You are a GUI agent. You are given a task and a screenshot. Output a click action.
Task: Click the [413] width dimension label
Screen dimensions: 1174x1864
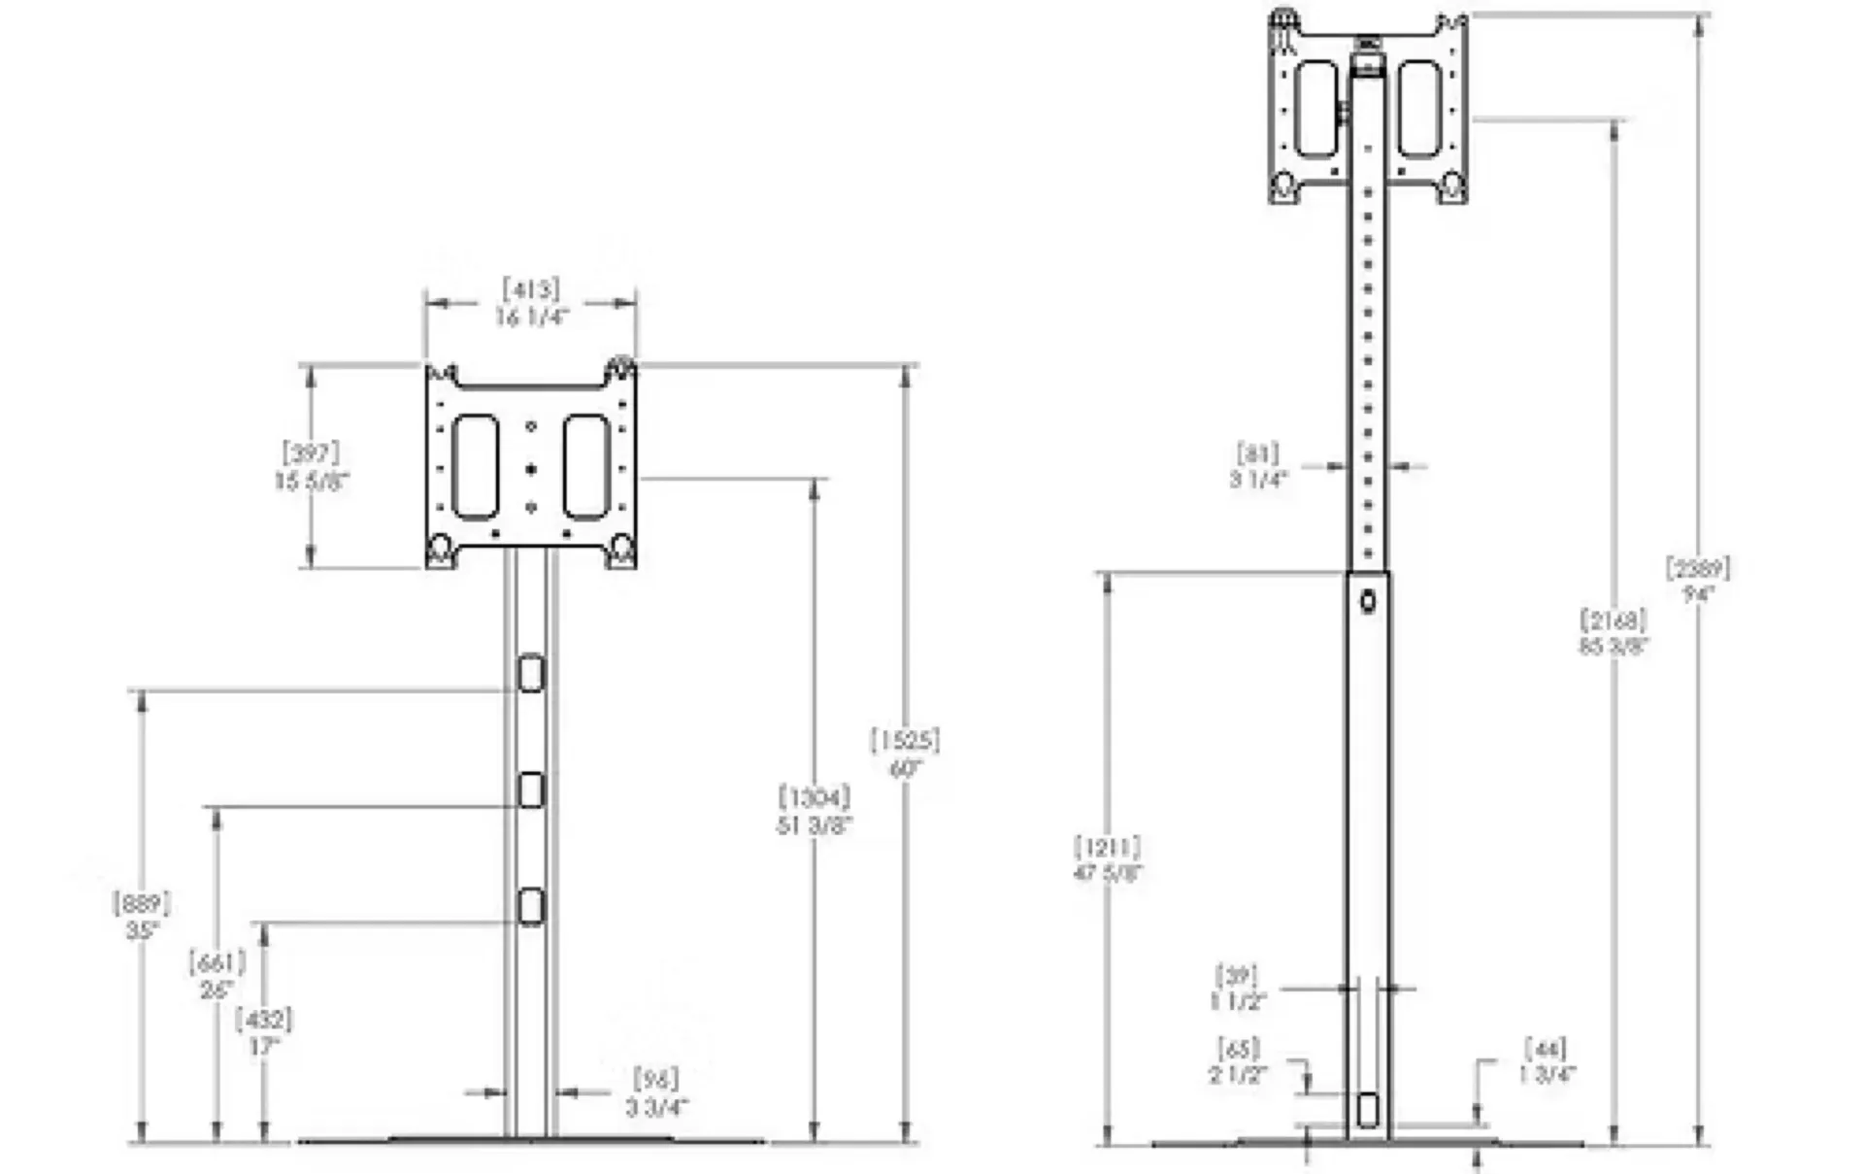point(531,289)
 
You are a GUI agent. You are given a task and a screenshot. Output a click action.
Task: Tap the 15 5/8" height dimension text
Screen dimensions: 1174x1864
point(311,481)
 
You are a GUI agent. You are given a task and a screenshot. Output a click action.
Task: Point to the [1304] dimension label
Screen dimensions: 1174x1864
point(815,798)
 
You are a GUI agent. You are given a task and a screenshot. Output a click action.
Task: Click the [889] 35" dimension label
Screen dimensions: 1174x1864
point(142,916)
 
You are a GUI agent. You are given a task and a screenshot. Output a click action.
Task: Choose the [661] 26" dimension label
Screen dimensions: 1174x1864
point(216,976)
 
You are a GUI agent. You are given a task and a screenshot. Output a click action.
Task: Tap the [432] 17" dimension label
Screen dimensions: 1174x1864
point(264,1032)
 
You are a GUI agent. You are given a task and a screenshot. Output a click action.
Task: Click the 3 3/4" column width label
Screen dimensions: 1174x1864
point(657,1107)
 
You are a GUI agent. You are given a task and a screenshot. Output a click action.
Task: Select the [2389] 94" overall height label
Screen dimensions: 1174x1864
point(1698,580)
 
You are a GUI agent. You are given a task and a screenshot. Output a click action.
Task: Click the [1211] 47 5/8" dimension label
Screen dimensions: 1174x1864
point(1108,858)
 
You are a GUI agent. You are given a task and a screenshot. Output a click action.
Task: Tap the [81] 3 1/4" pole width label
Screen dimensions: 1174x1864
point(1258,466)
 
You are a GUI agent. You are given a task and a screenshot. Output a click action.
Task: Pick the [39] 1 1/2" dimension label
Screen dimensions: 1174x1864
point(1237,988)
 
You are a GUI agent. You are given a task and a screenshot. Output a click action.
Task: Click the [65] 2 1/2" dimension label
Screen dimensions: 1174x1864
point(1239,1061)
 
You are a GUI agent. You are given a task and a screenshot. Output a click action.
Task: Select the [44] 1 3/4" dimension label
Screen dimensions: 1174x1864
point(1547,1061)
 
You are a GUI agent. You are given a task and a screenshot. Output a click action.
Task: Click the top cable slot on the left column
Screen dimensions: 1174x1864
point(531,674)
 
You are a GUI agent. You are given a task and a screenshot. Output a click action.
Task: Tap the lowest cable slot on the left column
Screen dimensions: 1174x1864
point(531,906)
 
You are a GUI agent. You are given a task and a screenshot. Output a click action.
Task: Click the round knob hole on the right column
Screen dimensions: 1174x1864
point(1368,602)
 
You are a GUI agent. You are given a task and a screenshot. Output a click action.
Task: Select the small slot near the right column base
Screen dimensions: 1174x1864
point(1368,1110)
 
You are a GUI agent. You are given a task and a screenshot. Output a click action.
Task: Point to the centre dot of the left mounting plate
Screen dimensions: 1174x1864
point(531,470)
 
